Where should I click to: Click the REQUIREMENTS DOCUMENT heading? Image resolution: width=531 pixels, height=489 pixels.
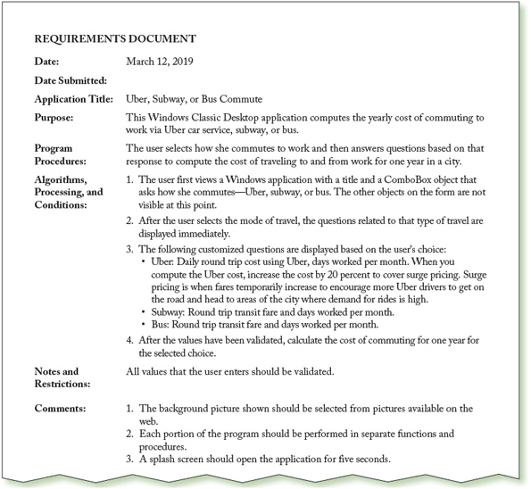(115, 39)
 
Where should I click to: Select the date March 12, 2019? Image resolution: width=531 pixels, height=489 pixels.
(160, 62)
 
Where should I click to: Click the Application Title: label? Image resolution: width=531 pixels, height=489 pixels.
(73, 99)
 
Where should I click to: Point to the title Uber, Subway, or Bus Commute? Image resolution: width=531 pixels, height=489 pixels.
(195, 99)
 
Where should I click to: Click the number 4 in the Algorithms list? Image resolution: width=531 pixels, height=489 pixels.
(130, 339)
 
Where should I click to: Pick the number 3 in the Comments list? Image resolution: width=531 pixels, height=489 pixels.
(130, 459)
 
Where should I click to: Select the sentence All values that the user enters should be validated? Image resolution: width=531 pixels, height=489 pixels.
(230, 371)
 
